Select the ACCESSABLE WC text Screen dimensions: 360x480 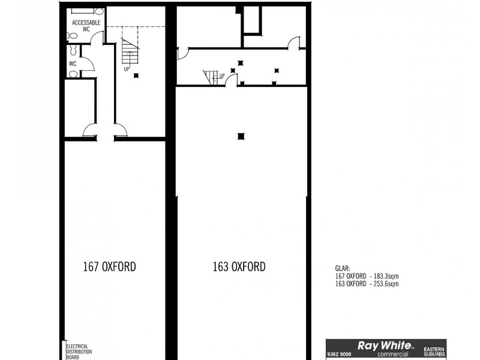tap(86, 25)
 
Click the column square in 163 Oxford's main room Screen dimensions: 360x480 tap(241, 136)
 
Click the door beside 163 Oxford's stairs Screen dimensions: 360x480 tap(231, 80)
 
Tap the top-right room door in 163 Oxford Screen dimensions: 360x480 tap(293, 41)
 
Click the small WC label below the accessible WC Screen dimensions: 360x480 tap(73, 63)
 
